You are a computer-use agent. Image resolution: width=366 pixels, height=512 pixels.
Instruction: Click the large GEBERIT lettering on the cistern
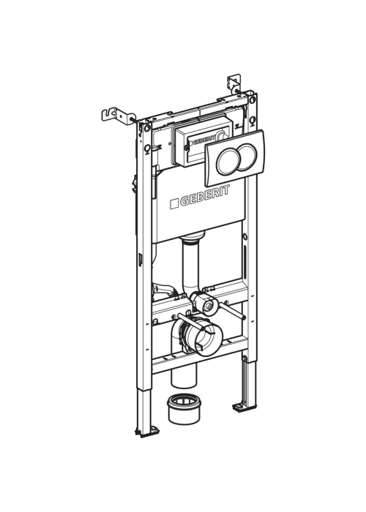pyautogui.click(x=204, y=197)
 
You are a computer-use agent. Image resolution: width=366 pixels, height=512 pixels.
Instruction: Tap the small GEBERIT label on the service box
pyautogui.click(x=203, y=140)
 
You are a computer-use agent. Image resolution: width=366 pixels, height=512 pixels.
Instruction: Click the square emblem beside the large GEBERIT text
pyautogui.click(x=174, y=204)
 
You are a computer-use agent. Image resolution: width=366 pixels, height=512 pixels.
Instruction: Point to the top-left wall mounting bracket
pyautogui.click(x=118, y=115)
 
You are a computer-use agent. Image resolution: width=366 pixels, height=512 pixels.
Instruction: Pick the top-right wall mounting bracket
pyautogui.click(x=234, y=83)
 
